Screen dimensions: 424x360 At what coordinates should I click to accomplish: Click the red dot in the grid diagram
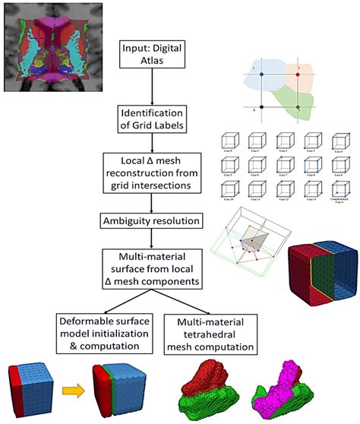(x=298, y=75)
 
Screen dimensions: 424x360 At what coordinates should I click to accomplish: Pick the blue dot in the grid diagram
(x=261, y=75)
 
